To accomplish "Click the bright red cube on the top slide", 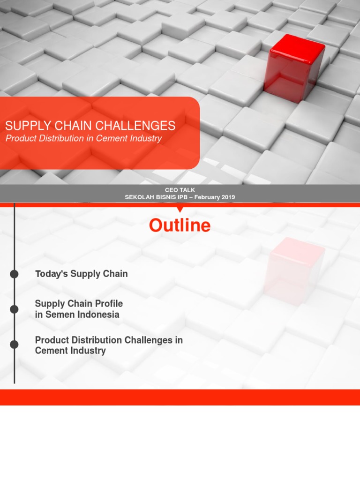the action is (x=294, y=68).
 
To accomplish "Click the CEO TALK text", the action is (x=180, y=190).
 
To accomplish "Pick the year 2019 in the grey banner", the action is (x=228, y=197).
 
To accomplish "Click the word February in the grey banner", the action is (x=207, y=197).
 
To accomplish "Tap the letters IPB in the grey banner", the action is (x=182, y=197).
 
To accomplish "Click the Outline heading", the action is (x=180, y=225).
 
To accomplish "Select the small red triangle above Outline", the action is (x=180, y=210).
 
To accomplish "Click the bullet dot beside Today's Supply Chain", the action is (x=14, y=274).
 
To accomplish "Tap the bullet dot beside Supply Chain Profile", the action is (x=14, y=309).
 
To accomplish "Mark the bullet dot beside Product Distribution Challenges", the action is (x=14, y=345).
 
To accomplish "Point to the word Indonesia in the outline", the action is (x=97, y=315).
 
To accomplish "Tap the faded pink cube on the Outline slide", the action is (x=294, y=271).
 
